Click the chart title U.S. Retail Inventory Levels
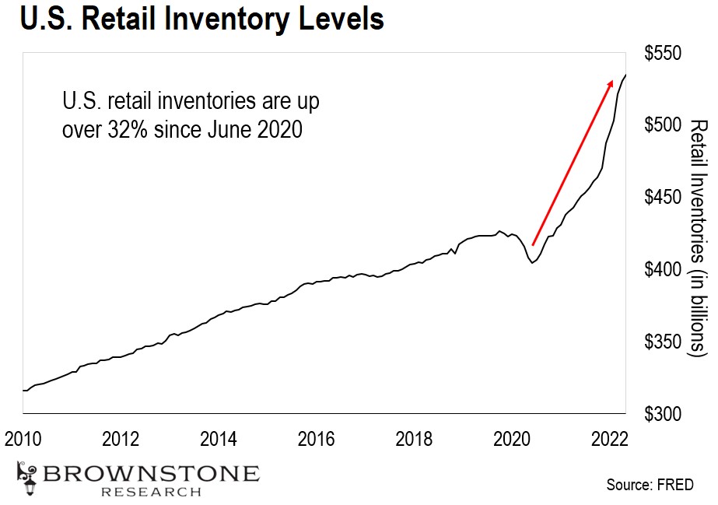click(x=201, y=20)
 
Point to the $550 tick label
click(x=664, y=54)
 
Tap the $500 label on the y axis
click(x=664, y=126)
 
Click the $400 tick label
click(x=664, y=270)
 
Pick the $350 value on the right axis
click(x=664, y=342)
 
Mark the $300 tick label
click(x=664, y=414)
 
